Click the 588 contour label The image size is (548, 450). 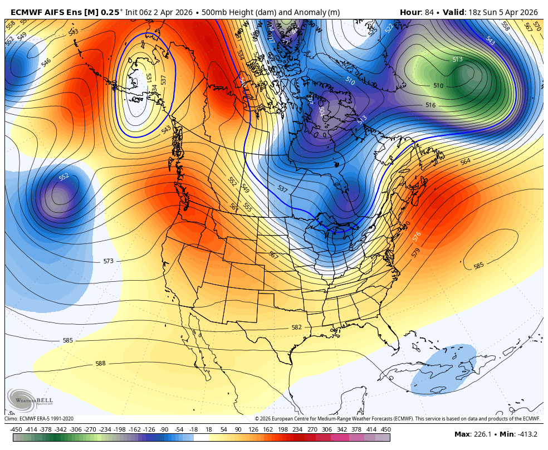[100, 364]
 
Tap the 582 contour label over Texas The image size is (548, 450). [297, 327]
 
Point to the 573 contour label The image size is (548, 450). [108, 261]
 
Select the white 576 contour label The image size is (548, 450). [417, 236]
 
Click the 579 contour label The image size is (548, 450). [416, 252]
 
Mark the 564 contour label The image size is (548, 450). [465, 162]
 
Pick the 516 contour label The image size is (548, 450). [430, 105]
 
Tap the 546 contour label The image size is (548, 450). [46, 62]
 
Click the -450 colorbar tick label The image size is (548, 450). [16, 429]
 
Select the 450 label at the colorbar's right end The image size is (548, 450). [385, 429]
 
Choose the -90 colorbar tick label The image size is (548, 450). [164, 429]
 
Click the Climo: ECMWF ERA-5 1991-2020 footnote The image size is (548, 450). [39, 419]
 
